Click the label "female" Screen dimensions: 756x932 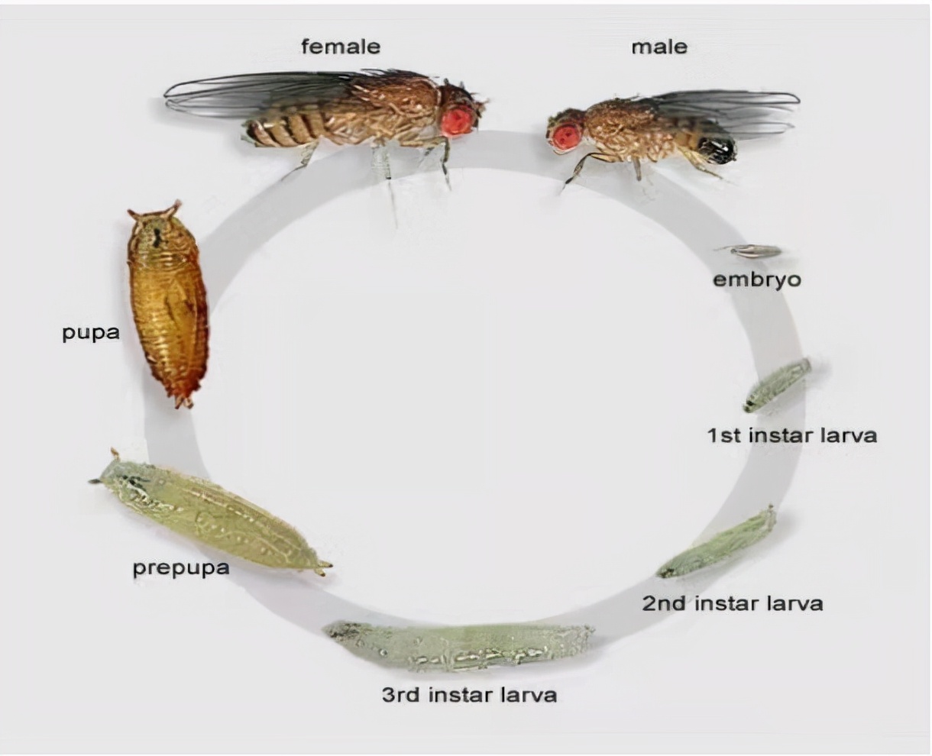coord(340,47)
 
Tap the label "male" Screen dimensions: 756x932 coord(659,47)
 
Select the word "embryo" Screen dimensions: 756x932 coord(757,279)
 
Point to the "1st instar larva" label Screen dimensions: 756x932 coord(791,435)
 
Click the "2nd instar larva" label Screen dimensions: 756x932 coord(732,603)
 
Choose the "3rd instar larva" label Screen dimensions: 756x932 coord(469,695)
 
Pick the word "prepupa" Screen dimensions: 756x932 coord(181,568)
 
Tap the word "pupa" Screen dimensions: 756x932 coord(91,333)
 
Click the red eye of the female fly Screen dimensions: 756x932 coord(457,120)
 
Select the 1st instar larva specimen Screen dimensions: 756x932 coord(778,384)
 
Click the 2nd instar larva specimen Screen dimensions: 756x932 coord(718,543)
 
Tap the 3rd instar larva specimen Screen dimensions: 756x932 coord(458,646)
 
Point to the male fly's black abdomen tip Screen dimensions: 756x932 coord(721,148)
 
